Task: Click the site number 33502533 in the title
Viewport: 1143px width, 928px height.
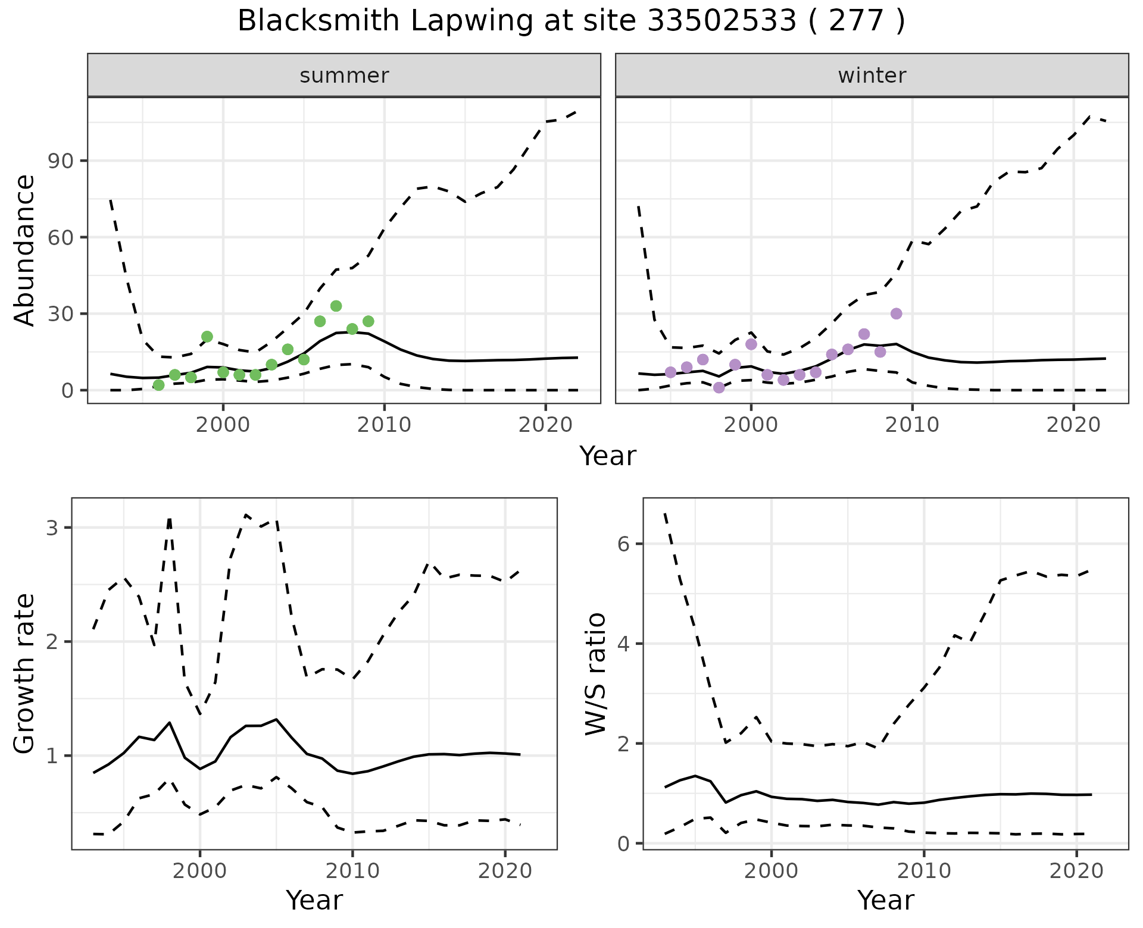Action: pyautogui.click(x=722, y=21)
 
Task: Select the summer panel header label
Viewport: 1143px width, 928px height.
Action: pyautogui.click(x=344, y=76)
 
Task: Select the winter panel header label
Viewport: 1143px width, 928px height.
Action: pyautogui.click(x=872, y=76)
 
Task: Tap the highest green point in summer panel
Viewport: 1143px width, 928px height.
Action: pyautogui.click(x=336, y=306)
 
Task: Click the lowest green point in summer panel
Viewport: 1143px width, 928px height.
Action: pyautogui.click(x=158, y=385)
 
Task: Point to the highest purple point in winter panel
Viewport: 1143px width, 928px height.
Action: pyautogui.click(x=896, y=313)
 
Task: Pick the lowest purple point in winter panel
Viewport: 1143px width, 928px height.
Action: pyautogui.click(x=719, y=387)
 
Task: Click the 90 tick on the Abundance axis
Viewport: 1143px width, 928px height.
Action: pyautogui.click(x=58, y=161)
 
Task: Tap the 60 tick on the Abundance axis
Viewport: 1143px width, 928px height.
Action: pyautogui.click(x=58, y=237)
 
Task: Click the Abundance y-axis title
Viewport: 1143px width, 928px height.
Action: pyautogui.click(x=25, y=250)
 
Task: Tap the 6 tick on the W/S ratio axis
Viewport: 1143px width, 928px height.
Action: pyautogui.click(x=623, y=544)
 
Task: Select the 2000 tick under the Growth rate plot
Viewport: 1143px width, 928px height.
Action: pyautogui.click(x=200, y=871)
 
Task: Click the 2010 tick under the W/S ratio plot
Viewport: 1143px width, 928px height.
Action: pyautogui.click(x=923, y=871)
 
